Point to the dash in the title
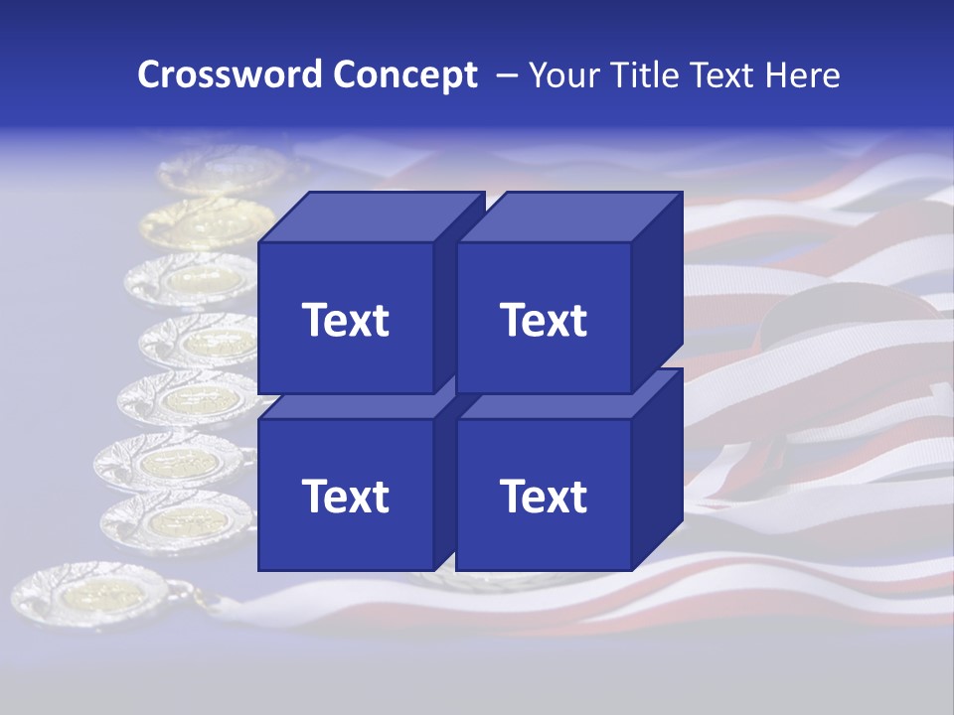click(x=506, y=74)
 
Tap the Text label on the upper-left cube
click(x=345, y=320)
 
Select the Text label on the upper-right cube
click(x=544, y=320)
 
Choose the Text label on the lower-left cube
click(x=345, y=496)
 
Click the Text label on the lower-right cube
click(x=544, y=496)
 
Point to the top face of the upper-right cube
click(x=568, y=216)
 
